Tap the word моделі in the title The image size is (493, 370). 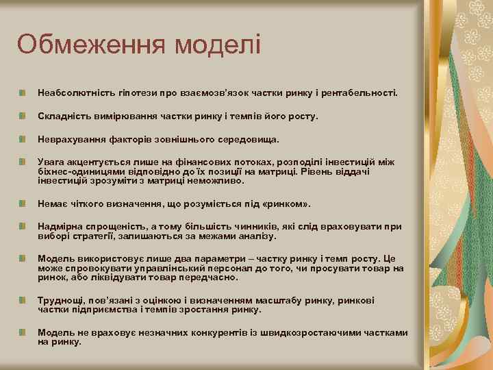[218, 45]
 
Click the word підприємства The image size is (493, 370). [102, 309]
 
